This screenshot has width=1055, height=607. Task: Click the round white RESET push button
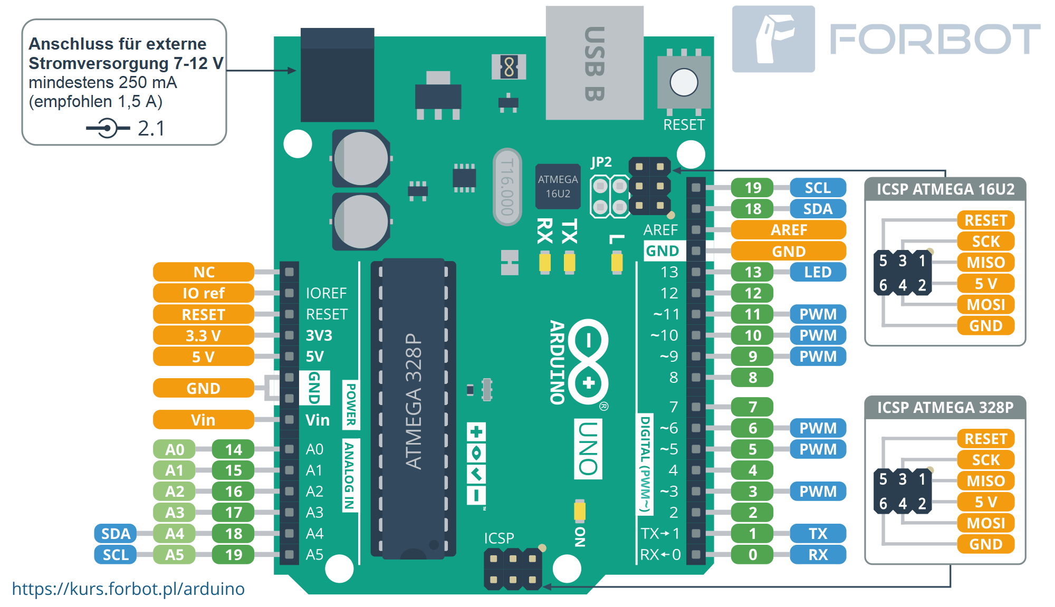[684, 83]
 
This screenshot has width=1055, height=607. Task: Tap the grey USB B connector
[594, 63]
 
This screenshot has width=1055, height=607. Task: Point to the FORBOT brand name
[934, 40]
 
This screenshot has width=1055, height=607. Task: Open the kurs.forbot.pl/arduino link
[128, 589]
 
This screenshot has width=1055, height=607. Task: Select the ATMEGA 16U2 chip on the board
[558, 186]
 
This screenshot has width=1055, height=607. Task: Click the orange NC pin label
[204, 272]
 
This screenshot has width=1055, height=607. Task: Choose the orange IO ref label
[204, 293]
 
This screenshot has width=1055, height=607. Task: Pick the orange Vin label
[204, 420]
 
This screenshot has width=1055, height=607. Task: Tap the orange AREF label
[789, 230]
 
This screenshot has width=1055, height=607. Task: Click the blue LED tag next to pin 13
[818, 272]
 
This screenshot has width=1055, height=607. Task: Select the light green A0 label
[175, 449]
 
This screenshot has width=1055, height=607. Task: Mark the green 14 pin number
[233, 449]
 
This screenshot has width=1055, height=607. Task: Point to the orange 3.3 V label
[204, 335]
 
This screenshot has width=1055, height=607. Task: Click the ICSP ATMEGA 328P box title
[945, 408]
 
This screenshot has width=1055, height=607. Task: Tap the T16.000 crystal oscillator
[507, 187]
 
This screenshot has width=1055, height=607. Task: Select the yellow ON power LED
[580, 511]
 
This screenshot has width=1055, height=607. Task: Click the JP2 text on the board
[601, 162]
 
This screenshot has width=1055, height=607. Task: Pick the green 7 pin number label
[753, 407]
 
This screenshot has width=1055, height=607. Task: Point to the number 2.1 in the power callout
[151, 129]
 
